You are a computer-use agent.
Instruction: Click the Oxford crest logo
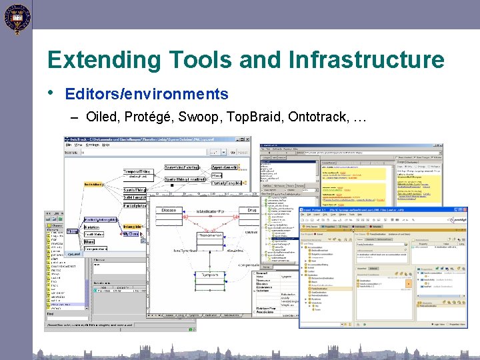click(x=15, y=18)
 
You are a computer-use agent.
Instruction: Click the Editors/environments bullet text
click(x=147, y=95)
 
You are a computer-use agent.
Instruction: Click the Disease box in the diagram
click(x=170, y=210)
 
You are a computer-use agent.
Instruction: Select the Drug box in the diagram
click(x=251, y=210)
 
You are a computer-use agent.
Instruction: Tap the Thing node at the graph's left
click(x=72, y=232)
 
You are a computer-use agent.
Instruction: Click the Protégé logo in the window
click(x=457, y=219)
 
